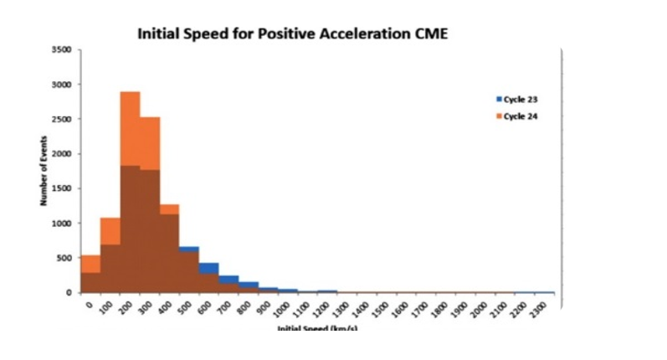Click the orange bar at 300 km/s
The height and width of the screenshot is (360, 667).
(150, 142)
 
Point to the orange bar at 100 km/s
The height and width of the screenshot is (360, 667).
(110, 231)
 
